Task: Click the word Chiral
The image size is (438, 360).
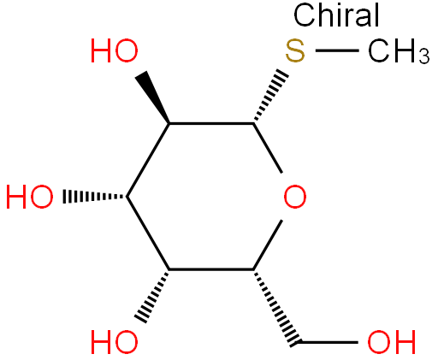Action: [336, 15]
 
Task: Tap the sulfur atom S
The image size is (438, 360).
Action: [295, 51]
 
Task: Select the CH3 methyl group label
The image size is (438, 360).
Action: [399, 51]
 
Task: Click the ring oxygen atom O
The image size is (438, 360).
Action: [295, 197]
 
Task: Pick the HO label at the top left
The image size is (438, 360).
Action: [115, 51]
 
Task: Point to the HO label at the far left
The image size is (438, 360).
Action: [30, 197]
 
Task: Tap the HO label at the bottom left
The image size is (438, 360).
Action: [115, 342]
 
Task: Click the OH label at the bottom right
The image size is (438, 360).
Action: [392, 342]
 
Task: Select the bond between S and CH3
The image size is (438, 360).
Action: [337, 50]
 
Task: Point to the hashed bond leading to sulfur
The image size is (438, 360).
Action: [271, 96]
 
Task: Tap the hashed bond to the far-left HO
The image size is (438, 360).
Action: [95, 197]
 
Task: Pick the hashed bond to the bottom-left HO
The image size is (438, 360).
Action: [152, 297]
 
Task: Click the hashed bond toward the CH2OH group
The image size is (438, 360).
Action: [276, 306]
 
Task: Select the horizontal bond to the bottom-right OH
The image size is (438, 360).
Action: [328, 342]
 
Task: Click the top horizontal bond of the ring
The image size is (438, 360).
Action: [211, 123]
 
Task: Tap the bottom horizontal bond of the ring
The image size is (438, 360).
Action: [211, 269]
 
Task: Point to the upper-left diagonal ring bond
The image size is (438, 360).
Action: [148, 160]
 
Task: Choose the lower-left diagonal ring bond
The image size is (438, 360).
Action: [148, 233]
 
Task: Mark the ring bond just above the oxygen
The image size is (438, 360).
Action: [268, 148]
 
